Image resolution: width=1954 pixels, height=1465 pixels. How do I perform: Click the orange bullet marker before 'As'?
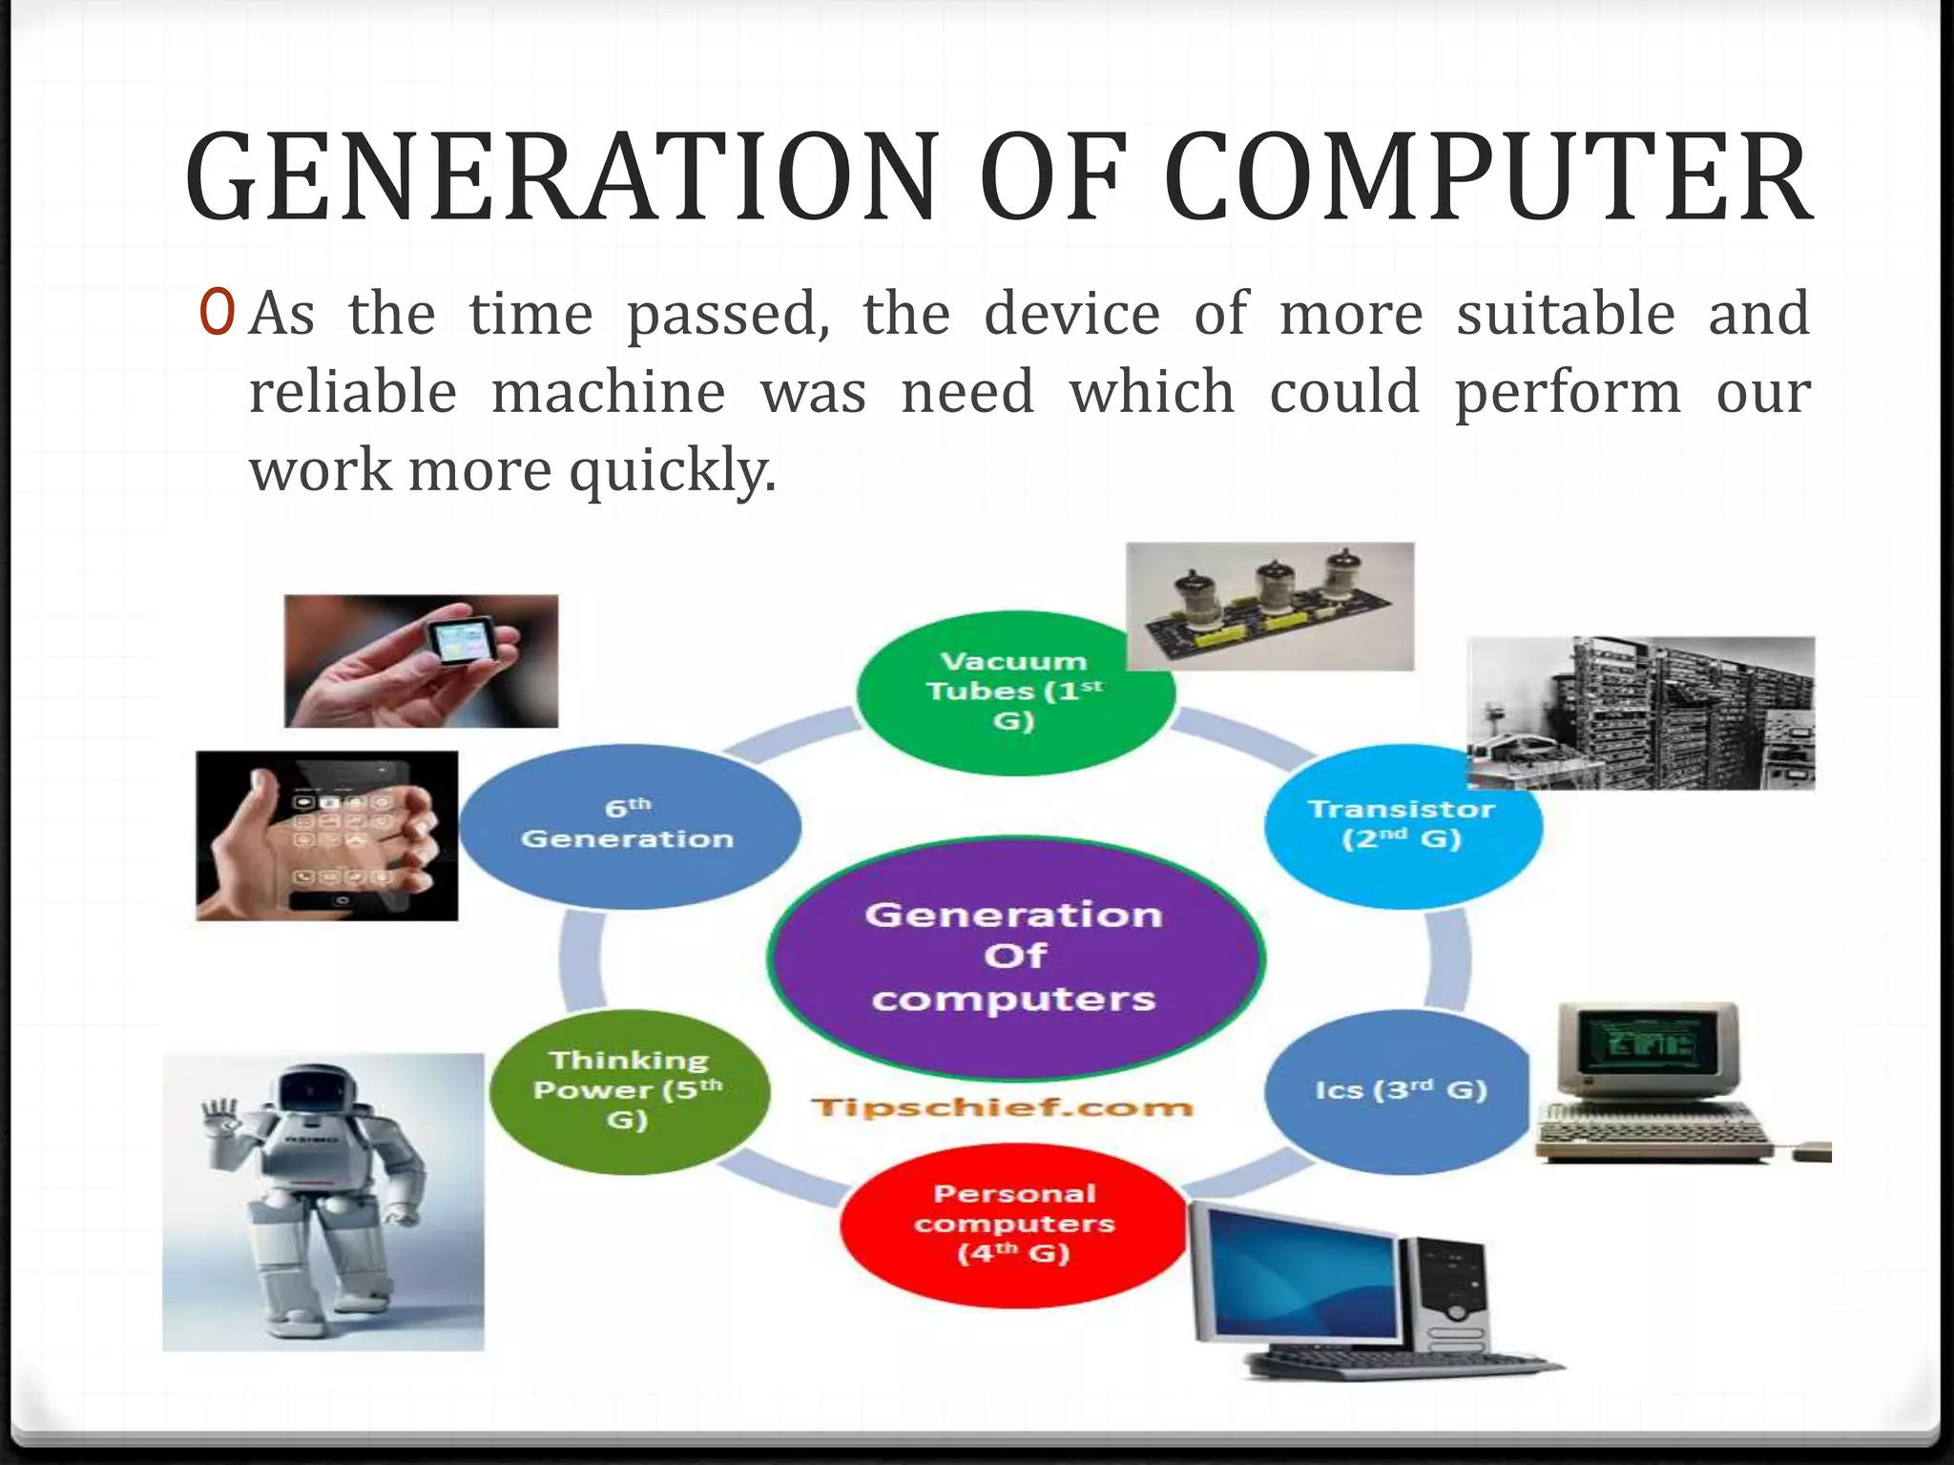coord(217,314)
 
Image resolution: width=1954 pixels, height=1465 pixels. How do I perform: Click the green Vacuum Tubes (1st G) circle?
coord(1014,691)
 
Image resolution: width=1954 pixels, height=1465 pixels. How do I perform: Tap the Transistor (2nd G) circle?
coord(1402,825)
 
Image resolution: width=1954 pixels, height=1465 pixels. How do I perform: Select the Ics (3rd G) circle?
coord(1399,1090)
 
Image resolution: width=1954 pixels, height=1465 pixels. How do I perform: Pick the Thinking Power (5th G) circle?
coord(628,1090)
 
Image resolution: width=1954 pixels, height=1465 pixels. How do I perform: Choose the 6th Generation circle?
coord(628,825)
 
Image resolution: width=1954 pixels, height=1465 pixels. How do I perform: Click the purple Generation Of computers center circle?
coord(1014,957)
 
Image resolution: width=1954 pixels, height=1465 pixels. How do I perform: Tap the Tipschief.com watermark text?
coord(1002,1107)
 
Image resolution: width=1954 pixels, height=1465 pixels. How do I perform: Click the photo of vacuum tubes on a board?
coord(1270,606)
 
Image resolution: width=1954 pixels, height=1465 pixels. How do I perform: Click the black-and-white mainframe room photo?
coord(1641,712)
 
